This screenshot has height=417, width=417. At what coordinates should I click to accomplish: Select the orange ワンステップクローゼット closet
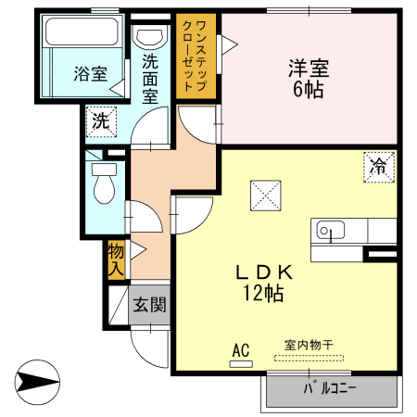pyautogui.click(x=196, y=57)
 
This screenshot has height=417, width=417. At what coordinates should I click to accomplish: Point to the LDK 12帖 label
pyautogui.click(x=264, y=283)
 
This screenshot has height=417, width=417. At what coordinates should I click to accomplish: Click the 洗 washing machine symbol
pyautogui.click(x=101, y=119)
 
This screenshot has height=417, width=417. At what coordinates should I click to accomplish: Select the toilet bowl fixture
pyautogui.click(x=103, y=188)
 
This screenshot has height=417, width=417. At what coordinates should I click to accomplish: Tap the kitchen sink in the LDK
pyautogui.click(x=329, y=231)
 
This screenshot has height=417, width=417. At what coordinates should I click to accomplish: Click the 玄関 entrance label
pyautogui.click(x=148, y=304)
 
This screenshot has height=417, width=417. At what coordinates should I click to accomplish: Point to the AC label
pyautogui.click(x=241, y=350)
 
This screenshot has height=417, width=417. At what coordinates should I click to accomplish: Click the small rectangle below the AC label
pyautogui.click(x=241, y=363)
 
